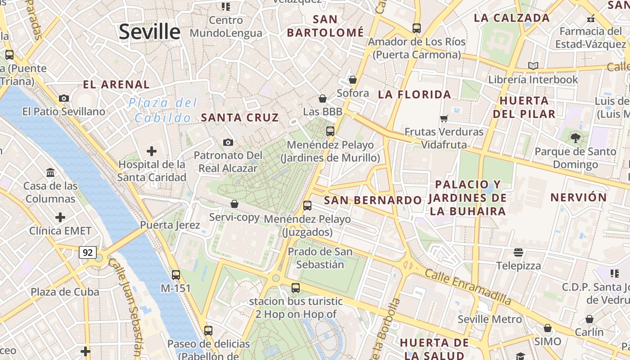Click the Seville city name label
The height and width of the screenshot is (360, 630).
coord(149,32)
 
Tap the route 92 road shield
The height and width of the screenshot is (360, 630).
coord(88,252)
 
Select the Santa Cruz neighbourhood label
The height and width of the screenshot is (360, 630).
coord(240,117)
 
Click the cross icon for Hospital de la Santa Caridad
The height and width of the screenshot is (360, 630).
coord(152,151)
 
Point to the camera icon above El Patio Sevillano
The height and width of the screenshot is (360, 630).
coord(64,98)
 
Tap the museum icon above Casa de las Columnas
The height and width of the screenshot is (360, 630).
coord(50,172)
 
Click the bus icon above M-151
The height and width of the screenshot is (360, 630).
coord(176,274)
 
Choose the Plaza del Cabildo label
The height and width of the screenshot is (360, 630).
coord(163,110)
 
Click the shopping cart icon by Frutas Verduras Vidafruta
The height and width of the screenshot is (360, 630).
coord(444,118)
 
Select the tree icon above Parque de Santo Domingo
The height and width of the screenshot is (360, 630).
coord(575,138)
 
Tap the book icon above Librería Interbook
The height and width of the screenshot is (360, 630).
coord(533,66)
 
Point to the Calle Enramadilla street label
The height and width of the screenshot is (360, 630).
coord(468,287)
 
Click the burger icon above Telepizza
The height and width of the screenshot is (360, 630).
coord(518,252)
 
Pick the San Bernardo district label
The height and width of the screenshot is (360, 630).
coord(373,200)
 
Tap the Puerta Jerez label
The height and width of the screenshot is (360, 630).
coord(170,225)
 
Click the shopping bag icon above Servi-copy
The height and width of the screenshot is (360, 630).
coord(234,204)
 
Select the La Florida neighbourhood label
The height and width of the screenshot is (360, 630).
coord(414,94)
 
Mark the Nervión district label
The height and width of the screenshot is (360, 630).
coord(579,197)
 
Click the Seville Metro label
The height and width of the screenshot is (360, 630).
coord(490,319)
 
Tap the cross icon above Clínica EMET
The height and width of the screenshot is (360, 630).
coord(60,218)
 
